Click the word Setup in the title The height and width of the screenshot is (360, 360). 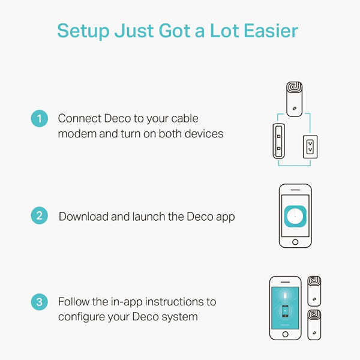click(x=83, y=31)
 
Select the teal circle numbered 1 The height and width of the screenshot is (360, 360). click(x=40, y=118)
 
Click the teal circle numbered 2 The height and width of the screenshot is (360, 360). click(x=40, y=215)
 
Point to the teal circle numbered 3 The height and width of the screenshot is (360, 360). click(x=40, y=302)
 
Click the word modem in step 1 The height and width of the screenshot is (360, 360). click(x=77, y=134)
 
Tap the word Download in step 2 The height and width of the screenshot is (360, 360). click(x=83, y=217)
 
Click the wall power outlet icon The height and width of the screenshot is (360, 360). click(x=310, y=147)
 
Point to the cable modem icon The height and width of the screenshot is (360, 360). click(x=279, y=141)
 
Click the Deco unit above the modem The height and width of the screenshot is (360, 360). click(x=295, y=99)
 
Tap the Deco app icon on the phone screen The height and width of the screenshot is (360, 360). click(x=295, y=216)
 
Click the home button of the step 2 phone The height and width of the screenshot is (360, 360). click(x=295, y=242)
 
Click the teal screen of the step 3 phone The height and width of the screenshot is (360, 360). click(x=285, y=308)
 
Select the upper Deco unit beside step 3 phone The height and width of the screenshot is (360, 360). click(x=314, y=291)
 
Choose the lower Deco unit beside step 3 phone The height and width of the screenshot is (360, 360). click(x=314, y=325)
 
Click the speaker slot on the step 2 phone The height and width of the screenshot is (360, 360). click(x=295, y=190)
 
